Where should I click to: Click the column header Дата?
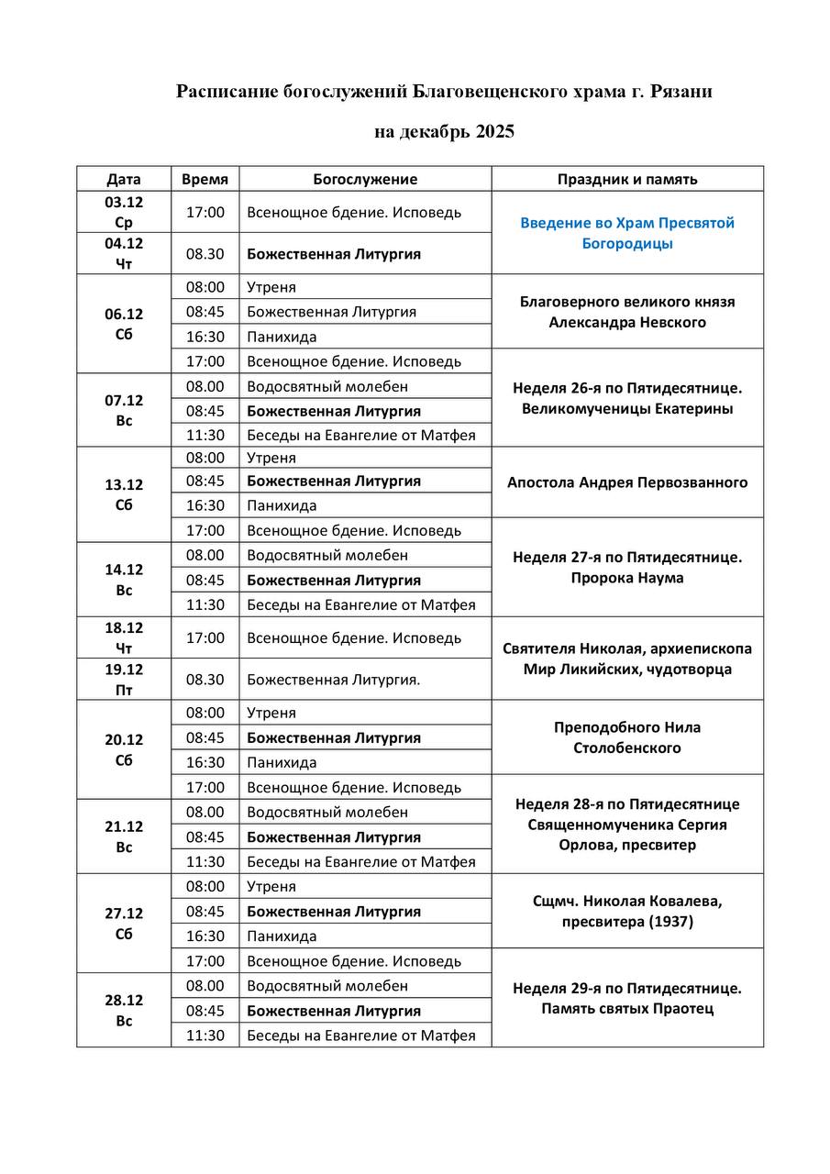(124, 179)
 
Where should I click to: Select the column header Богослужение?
(365, 179)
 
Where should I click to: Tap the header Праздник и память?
(627, 179)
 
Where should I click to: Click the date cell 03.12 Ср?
(124, 212)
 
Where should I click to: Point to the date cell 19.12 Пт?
(124, 680)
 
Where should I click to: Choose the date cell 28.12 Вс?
(124, 1010)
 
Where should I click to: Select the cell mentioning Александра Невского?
(627, 312)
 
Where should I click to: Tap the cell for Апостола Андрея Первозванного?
(627, 482)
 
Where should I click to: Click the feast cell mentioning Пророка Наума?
(627, 568)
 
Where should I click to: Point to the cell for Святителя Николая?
(627, 659)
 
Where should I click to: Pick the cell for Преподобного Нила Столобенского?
(627, 737)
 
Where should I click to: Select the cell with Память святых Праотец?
(627, 1009)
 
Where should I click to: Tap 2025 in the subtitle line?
(494, 132)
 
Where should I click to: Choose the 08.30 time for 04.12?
(205, 254)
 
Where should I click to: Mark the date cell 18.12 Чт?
(124, 637)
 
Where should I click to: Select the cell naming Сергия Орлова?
(627, 825)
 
